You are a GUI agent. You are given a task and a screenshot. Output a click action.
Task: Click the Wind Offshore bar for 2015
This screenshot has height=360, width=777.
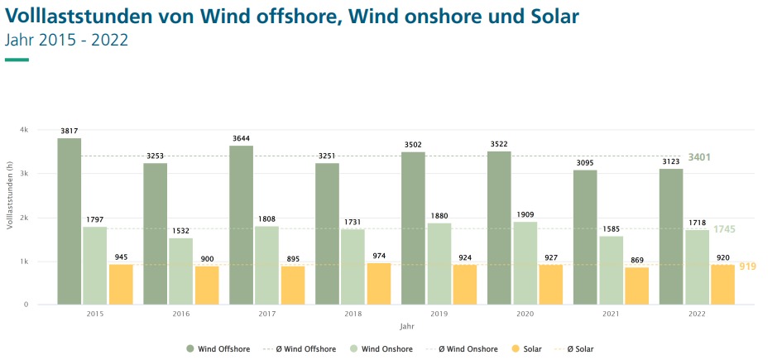point(70,221)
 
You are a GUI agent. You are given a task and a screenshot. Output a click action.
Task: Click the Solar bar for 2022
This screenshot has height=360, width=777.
point(722,285)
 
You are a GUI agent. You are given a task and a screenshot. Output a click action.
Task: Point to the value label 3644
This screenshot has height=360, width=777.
point(241,138)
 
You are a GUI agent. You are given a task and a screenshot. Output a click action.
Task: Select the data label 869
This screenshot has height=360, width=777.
point(636,260)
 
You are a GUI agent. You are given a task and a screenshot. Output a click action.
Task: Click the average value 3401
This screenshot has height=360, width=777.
point(699,157)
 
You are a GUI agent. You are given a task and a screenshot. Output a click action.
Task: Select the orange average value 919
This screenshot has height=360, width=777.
point(747,266)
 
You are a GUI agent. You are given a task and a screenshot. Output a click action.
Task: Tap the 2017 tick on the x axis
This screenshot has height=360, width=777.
point(267,314)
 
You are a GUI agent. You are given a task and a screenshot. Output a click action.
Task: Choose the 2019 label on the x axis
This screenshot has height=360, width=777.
point(439,314)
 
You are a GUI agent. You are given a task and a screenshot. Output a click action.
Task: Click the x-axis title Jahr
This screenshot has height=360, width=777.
point(406,327)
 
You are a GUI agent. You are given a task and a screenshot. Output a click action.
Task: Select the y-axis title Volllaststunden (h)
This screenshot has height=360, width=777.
point(10,218)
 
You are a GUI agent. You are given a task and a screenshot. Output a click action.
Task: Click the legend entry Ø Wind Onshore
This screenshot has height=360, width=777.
point(468,349)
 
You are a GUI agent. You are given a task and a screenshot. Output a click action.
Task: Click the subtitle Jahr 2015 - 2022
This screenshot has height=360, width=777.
point(66,40)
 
